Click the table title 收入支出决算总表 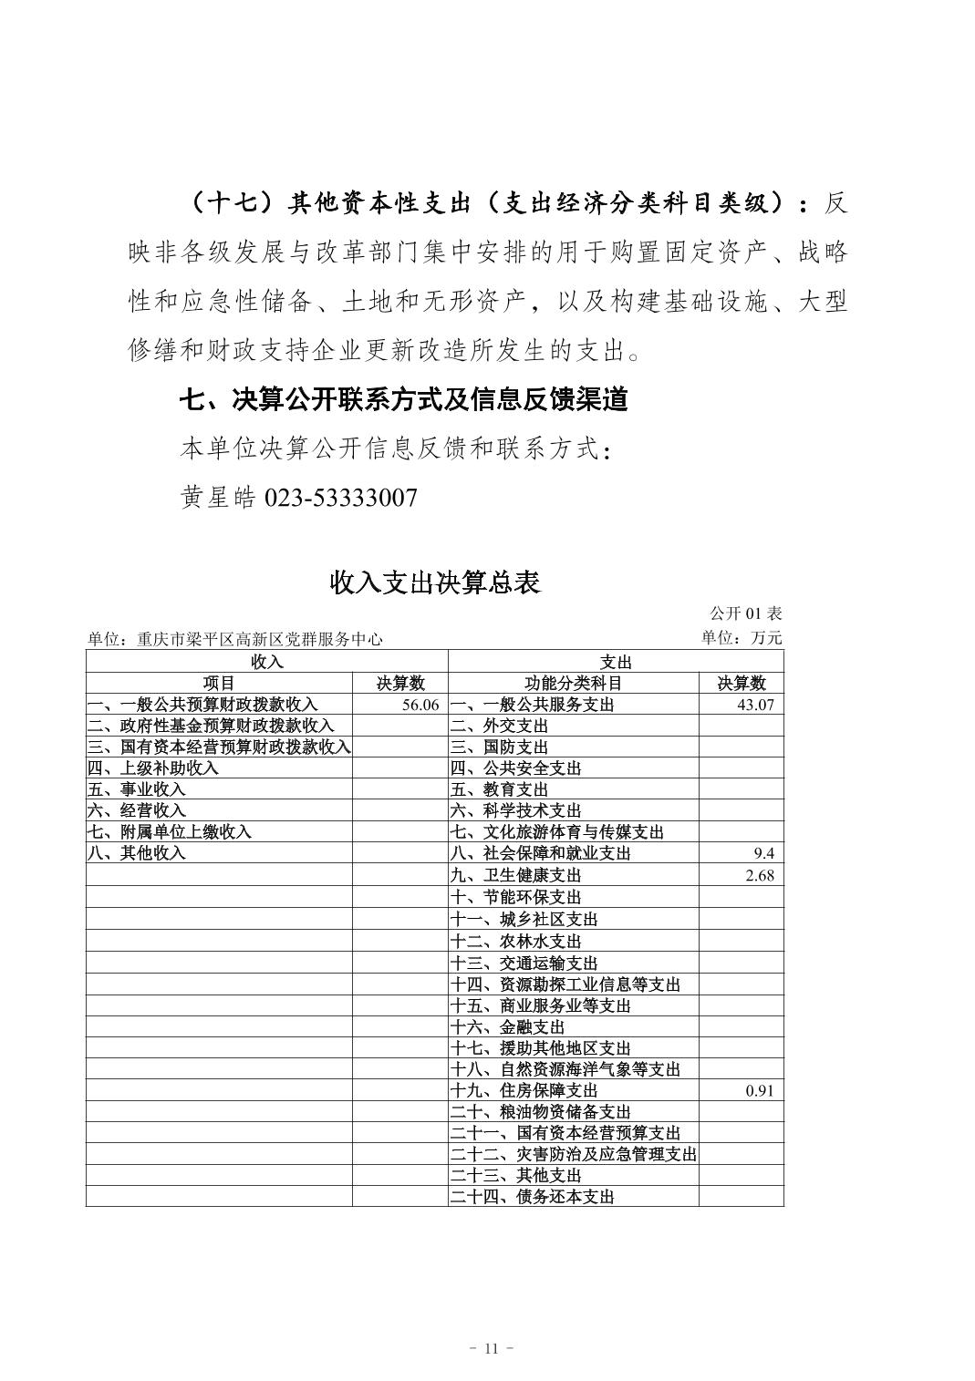click(x=435, y=582)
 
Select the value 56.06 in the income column click(x=420, y=705)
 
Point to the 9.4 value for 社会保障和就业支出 click(x=763, y=853)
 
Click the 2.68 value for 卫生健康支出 click(x=759, y=875)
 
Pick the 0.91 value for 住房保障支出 click(x=759, y=1090)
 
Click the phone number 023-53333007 click(x=340, y=498)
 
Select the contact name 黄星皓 click(x=218, y=498)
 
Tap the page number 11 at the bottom click(x=491, y=1348)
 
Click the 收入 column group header click(x=266, y=662)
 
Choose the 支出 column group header click(x=616, y=662)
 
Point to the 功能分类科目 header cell click(x=574, y=683)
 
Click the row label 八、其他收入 click(x=137, y=853)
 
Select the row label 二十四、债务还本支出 click(x=533, y=1197)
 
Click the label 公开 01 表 click(x=745, y=613)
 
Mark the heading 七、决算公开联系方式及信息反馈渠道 click(x=403, y=399)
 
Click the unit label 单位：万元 click(x=742, y=638)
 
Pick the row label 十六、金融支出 click(x=508, y=1027)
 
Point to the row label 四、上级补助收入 click(x=153, y=768)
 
